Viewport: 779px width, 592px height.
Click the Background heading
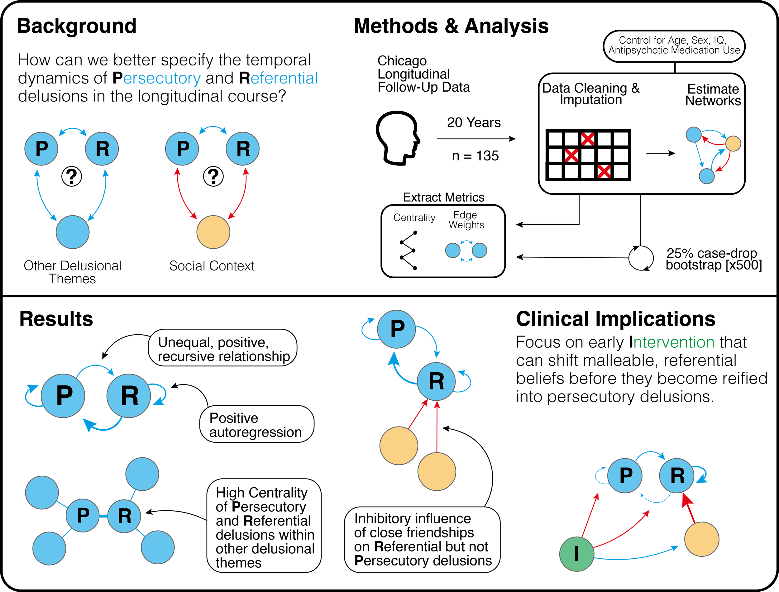[x=76, y=26]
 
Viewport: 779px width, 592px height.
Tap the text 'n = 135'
[x=475, y=156]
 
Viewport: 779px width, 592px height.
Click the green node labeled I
[x=576, y=554]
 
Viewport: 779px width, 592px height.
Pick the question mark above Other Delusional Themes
[x=72, y=176]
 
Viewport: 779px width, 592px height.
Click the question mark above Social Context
[x=213, y=176]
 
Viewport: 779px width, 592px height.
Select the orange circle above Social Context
[x=213, y=232]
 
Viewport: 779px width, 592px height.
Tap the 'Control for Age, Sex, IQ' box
[x=674, y=46]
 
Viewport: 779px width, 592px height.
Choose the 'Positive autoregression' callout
[x=256, y=425]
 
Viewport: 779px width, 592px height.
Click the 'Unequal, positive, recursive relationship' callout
[x=223, y=349]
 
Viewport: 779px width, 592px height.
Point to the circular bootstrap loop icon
[x=641, y=258]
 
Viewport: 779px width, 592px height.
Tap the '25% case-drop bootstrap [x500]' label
[x=713, y=259]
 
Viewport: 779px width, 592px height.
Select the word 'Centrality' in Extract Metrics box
[x=414, y=218]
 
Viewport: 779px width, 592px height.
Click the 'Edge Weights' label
[x=466, y=220]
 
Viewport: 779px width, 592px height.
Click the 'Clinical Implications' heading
[x=615, y=319]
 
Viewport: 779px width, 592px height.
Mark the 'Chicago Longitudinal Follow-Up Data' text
[x=423, y=74]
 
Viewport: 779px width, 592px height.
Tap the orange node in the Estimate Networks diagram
[x=733, y=143]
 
